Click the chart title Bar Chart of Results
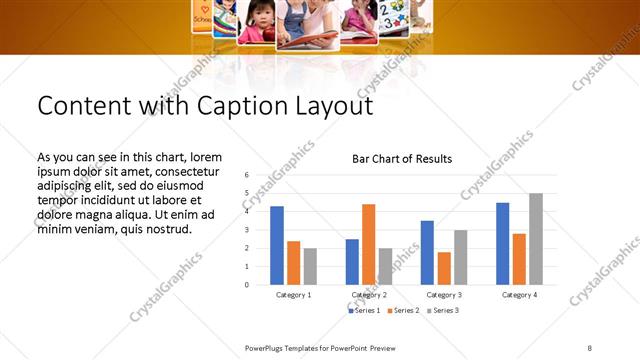pyautogui.click(x=401, y=159)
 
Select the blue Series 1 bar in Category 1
pyautogui.click(x=277, y=245)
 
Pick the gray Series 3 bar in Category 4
pyautogui.click(x=536, y=239)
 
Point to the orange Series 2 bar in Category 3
pyautogui.click(x=444, y=268)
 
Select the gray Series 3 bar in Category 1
pyautogui.click(x=310, y=266)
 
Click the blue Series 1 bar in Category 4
pyautogui.click(x=502, y=243)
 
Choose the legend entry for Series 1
pyautogui.click(x=364, y=311)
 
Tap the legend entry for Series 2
pyautogui.click(x=403, y=311)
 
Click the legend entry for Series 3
pyautogui.click(x=443, y=311)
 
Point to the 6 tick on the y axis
pyautogui.click(x=246, y=175)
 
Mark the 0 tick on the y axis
pyautogui.click(x=246, y=285)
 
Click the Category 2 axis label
pyautogui.click(x=369, y=295)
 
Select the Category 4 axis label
pyautogui.click(x=519, y=295)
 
